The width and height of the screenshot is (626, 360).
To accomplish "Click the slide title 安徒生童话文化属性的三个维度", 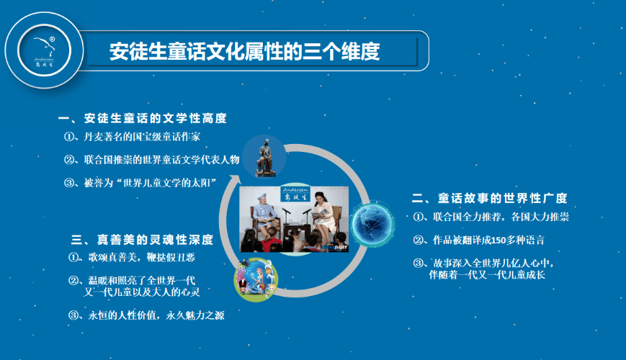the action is click(x=244, y=52).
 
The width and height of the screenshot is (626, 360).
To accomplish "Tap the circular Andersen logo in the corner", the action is click(x=45, y=50).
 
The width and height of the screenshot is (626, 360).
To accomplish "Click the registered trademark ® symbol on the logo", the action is click(x=52, y=39).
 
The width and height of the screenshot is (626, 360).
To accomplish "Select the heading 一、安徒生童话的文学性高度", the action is click(x=143, y=118).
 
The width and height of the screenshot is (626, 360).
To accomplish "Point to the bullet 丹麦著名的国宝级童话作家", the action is click(x=132, y=137).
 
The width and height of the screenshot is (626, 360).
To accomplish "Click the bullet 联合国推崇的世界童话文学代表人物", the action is click(x=152, y=160).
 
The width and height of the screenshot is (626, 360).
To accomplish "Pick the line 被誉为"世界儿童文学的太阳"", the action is click(x=140, y=183).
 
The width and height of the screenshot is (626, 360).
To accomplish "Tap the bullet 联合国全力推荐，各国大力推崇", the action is click(x=491, y=217).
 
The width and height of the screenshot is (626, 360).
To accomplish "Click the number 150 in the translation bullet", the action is click(x=498, y=240).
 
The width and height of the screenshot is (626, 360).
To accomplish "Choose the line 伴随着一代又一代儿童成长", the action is click(x=487, y=274).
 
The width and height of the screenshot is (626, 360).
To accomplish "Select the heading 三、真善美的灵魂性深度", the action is click(x=142, y=240).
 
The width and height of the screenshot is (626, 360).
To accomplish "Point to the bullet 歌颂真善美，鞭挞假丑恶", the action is click(x=132, y=258).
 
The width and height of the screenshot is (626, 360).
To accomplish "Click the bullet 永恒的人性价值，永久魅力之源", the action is click(x=146, y=315).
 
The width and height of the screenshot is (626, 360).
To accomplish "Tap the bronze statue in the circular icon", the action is click(x=264, y=157).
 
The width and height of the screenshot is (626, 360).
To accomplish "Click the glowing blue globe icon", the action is click(x=372, y=223).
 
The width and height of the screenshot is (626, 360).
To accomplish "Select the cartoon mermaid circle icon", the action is click(x=256, y=279).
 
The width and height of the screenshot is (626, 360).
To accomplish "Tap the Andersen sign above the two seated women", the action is click(x=295, y=194).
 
